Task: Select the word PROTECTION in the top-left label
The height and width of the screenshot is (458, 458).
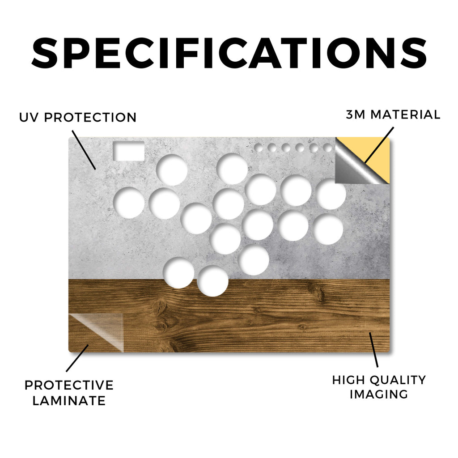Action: point(90,118)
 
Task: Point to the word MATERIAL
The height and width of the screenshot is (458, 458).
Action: point(405,114)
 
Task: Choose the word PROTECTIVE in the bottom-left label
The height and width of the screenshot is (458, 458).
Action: point(69,385)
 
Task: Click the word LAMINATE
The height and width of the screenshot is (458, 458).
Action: point(69,401)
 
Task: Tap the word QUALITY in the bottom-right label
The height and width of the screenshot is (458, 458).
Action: point(399,380)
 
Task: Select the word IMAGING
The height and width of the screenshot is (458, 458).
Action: point(379,394)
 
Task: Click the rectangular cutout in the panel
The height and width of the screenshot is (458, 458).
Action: point(128,151)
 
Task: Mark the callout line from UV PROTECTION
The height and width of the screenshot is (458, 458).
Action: point(84,150)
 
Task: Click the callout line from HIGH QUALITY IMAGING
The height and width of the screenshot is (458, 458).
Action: point(373,350)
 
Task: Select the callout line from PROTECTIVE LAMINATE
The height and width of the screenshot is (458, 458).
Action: point(77,358)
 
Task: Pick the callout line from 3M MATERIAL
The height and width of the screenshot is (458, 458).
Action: point(379,145)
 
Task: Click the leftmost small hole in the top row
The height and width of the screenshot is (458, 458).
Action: point(259,148)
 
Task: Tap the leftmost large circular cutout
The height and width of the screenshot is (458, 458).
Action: point(129,203)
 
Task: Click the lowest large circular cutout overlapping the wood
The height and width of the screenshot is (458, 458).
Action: point(212,281)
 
